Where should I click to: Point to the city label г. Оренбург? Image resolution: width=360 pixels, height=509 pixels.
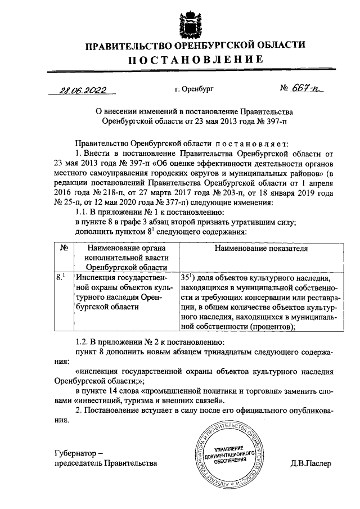tap(195, 89)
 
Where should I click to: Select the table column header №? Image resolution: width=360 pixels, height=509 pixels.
tap(64, 247)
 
